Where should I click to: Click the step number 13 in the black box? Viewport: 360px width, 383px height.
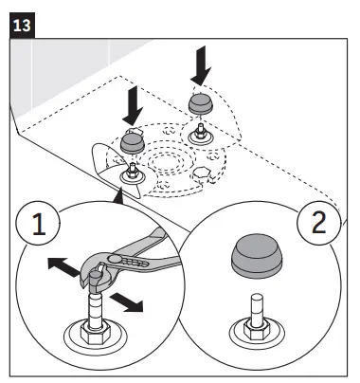tap(22, 26)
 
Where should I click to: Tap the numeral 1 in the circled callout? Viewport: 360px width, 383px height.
tap(39, 224)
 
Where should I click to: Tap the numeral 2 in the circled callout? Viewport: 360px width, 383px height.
tap(318, 222)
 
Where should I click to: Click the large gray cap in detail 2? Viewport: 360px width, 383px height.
tap(257, 256)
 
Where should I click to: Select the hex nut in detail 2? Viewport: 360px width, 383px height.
tap(257, 330)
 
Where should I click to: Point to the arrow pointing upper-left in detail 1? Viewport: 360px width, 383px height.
tap(63, 266)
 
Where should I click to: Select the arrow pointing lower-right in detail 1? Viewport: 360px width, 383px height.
tap(127, 302)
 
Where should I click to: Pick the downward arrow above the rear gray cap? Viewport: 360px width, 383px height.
tap(201, 65)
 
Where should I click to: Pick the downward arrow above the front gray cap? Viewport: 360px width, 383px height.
tap(133, 105)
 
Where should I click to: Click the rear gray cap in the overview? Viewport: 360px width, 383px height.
tap(201, 103)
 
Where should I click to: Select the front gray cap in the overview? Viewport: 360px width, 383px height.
tap(133, 142)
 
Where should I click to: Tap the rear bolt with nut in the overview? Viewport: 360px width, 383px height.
tap(201, 134)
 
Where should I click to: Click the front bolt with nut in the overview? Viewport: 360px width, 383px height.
tap(133, 173)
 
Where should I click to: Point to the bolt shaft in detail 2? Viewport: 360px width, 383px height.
tap(257, 310)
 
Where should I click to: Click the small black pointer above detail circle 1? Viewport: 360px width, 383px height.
tap(118, 196)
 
